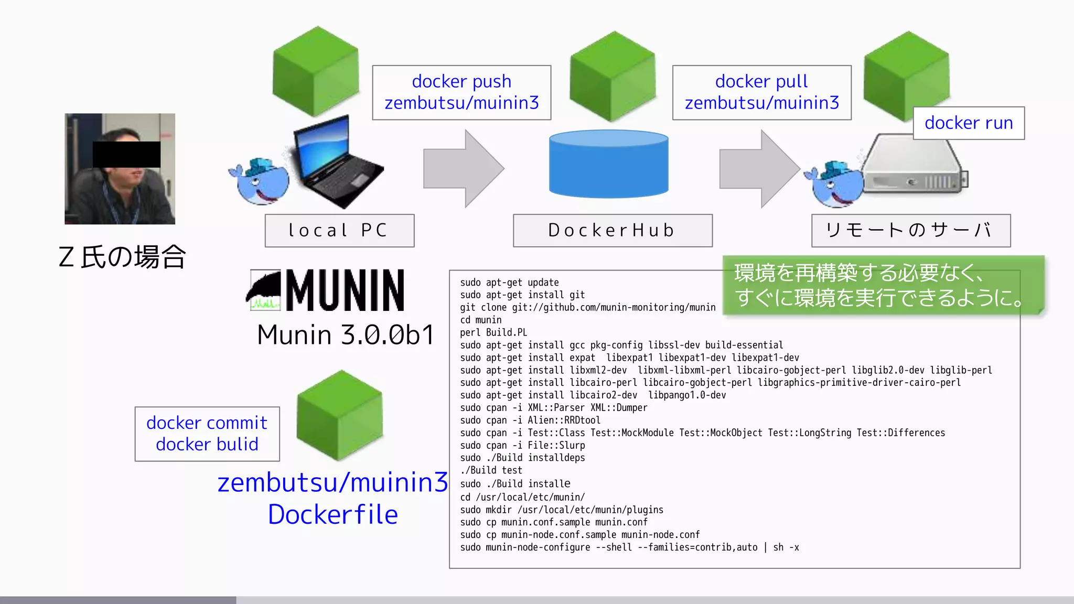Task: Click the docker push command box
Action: [x=461, y=92]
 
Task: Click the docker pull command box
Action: [x=761, y=92]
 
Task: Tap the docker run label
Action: [x=969, y=123]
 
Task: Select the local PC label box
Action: [x=339, y=230]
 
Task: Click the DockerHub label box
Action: [x=613, y=230]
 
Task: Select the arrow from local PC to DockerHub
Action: [x=463, y=169]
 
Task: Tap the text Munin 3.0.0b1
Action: [x=346, y=335]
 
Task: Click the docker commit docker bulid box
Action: [x=207, y=434]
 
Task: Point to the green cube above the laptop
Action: [x=316, y=71]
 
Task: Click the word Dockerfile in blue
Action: [x=333, y=514]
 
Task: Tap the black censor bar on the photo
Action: [x=126, y=154]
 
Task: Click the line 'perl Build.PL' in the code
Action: [x=493, y=332]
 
